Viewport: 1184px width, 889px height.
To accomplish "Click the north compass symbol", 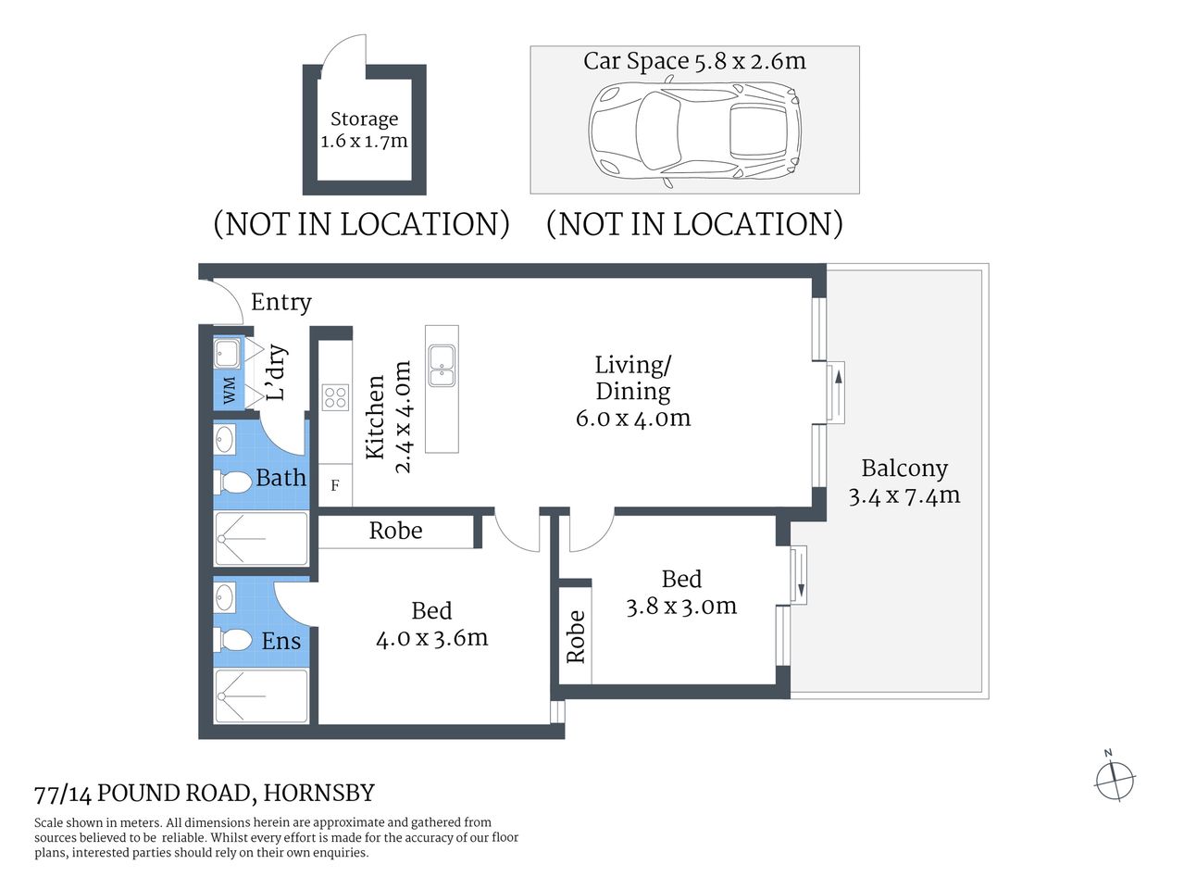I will [1115, 779].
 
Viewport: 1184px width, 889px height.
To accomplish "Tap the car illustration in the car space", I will [694, 131].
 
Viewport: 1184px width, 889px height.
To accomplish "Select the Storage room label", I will [364, 119].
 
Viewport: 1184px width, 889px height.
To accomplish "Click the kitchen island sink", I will [442, 366].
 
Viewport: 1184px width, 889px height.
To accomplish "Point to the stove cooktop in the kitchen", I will [335, 397].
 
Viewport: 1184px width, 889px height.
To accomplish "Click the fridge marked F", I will [335, 485].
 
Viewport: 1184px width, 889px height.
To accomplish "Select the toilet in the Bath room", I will [233, 482].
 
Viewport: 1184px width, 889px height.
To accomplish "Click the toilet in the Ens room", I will [233, 640].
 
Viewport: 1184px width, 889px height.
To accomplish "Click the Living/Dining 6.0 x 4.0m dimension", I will [633, 419].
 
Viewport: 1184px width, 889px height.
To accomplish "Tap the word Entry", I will [280, 303].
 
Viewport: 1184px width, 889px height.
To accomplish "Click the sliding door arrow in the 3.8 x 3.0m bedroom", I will [799, 575].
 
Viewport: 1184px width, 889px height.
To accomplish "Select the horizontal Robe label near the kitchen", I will [395, 531].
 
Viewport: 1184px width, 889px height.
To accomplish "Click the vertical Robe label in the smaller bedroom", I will [576, 636].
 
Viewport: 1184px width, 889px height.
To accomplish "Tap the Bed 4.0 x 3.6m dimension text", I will [431, 638].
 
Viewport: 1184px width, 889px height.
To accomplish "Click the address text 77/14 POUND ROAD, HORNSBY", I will [205, 794].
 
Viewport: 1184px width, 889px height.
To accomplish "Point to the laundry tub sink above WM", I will [227, 353].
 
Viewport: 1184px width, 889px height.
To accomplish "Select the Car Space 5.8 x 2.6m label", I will [694, 61].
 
